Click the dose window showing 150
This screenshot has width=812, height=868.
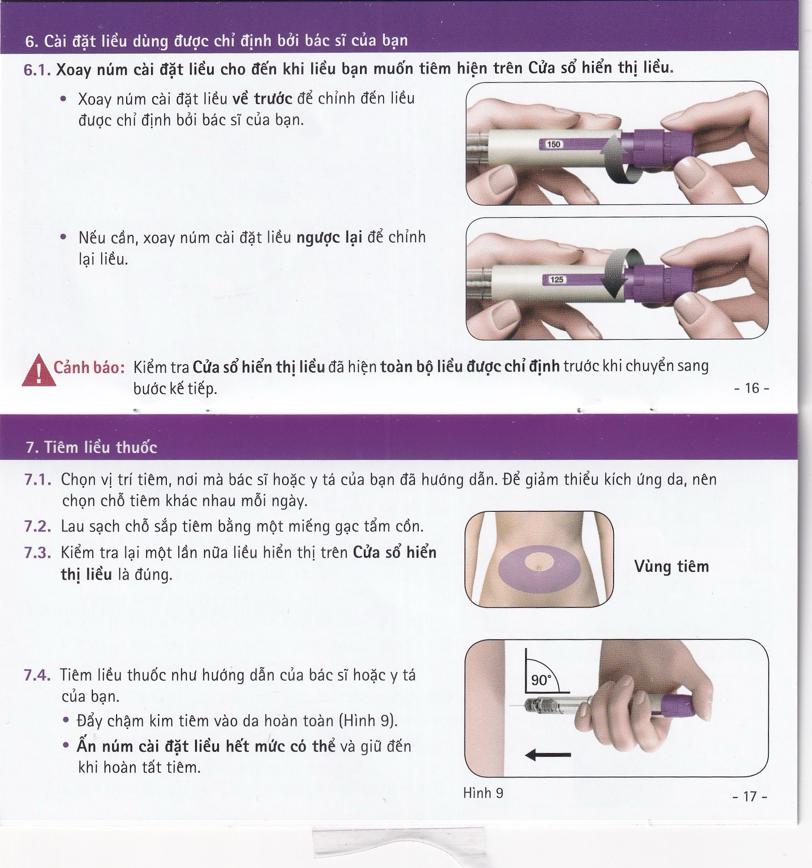(553, 144)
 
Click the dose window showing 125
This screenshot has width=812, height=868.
(556, 280)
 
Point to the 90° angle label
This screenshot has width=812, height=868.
(541, 680)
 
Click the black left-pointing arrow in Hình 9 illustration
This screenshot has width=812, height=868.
(548, 755)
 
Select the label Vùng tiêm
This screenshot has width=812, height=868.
(671, 567)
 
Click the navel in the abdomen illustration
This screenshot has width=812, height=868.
(539, 568)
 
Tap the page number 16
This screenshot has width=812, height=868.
(752, 388)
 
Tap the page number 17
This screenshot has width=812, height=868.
(750, 796)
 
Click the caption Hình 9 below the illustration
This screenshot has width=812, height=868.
(483, 793)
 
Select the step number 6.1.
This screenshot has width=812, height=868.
(37, 70)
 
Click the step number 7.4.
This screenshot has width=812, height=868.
(37, 675)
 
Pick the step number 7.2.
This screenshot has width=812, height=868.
(37, 526)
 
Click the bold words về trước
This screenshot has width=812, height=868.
(262, 99)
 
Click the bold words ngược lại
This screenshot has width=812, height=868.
(329, 238)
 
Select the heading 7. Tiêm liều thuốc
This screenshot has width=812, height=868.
(91, 448)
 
